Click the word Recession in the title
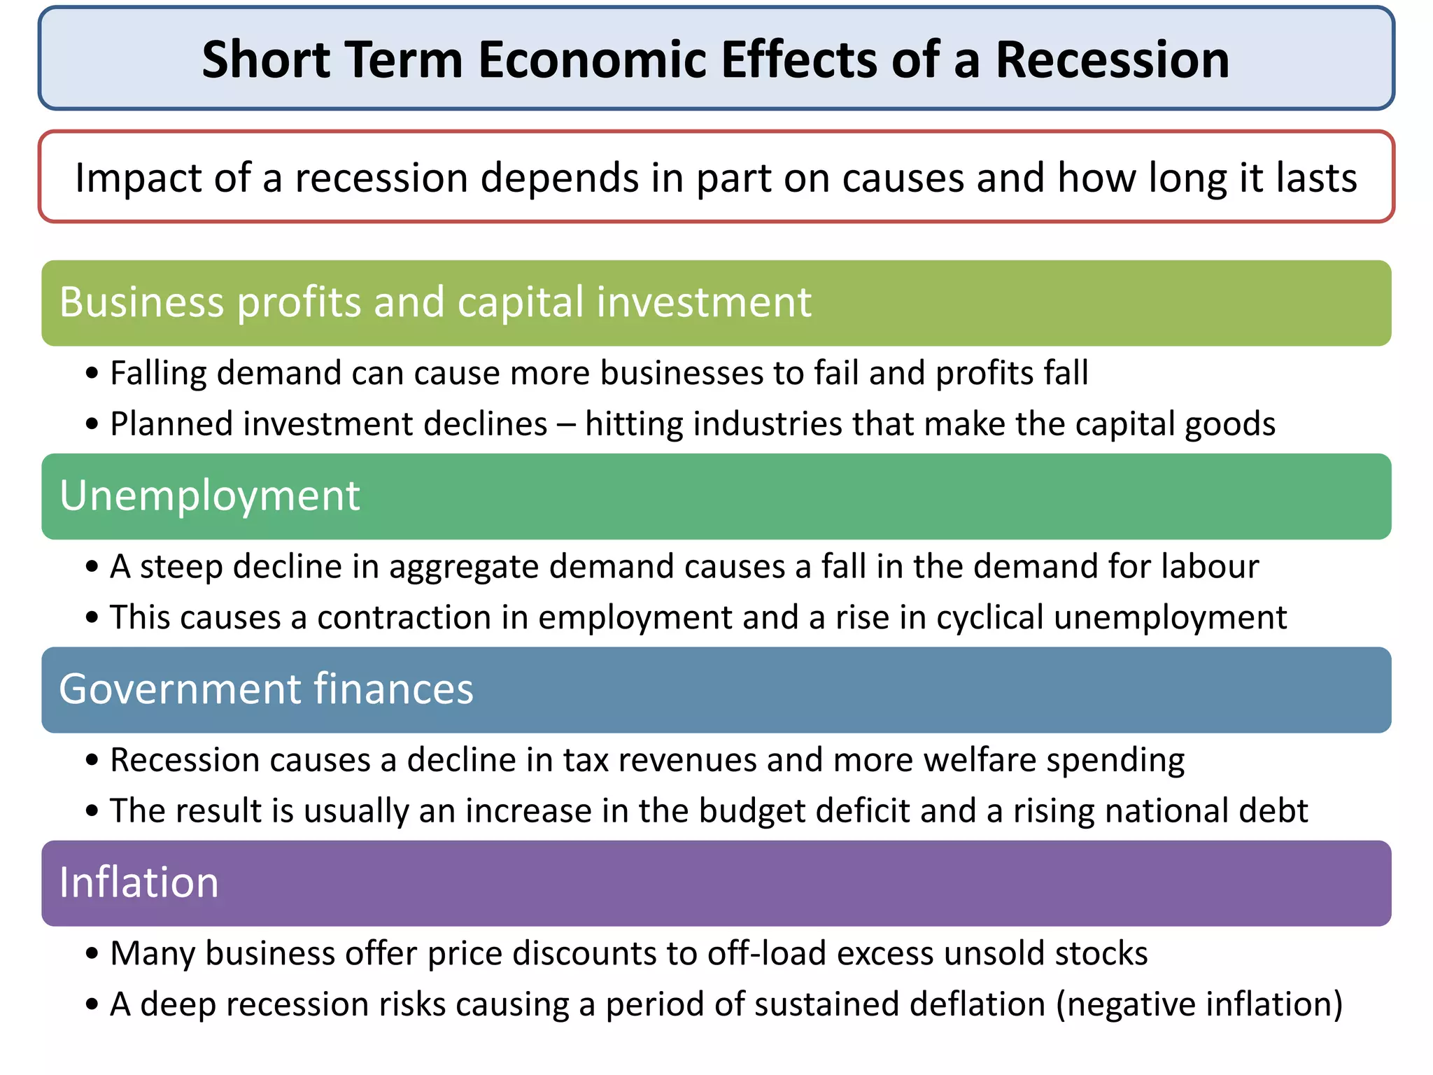1112,59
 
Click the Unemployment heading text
209,496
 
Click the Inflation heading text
139,883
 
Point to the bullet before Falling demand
92,374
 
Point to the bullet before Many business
92,954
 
